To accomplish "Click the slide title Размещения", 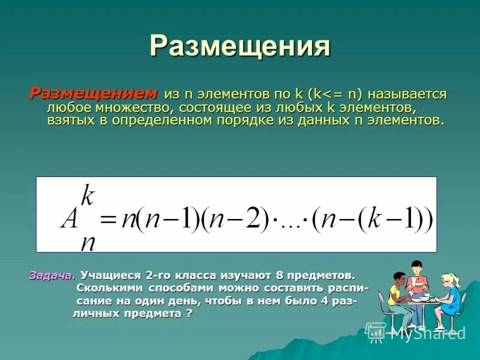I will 239,47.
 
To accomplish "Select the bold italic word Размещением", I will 94,94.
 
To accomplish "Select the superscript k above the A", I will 88,196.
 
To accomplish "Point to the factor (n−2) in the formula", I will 235,218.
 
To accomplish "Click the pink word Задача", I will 52,275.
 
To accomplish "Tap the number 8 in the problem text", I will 279,275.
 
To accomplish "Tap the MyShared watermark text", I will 427,333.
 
